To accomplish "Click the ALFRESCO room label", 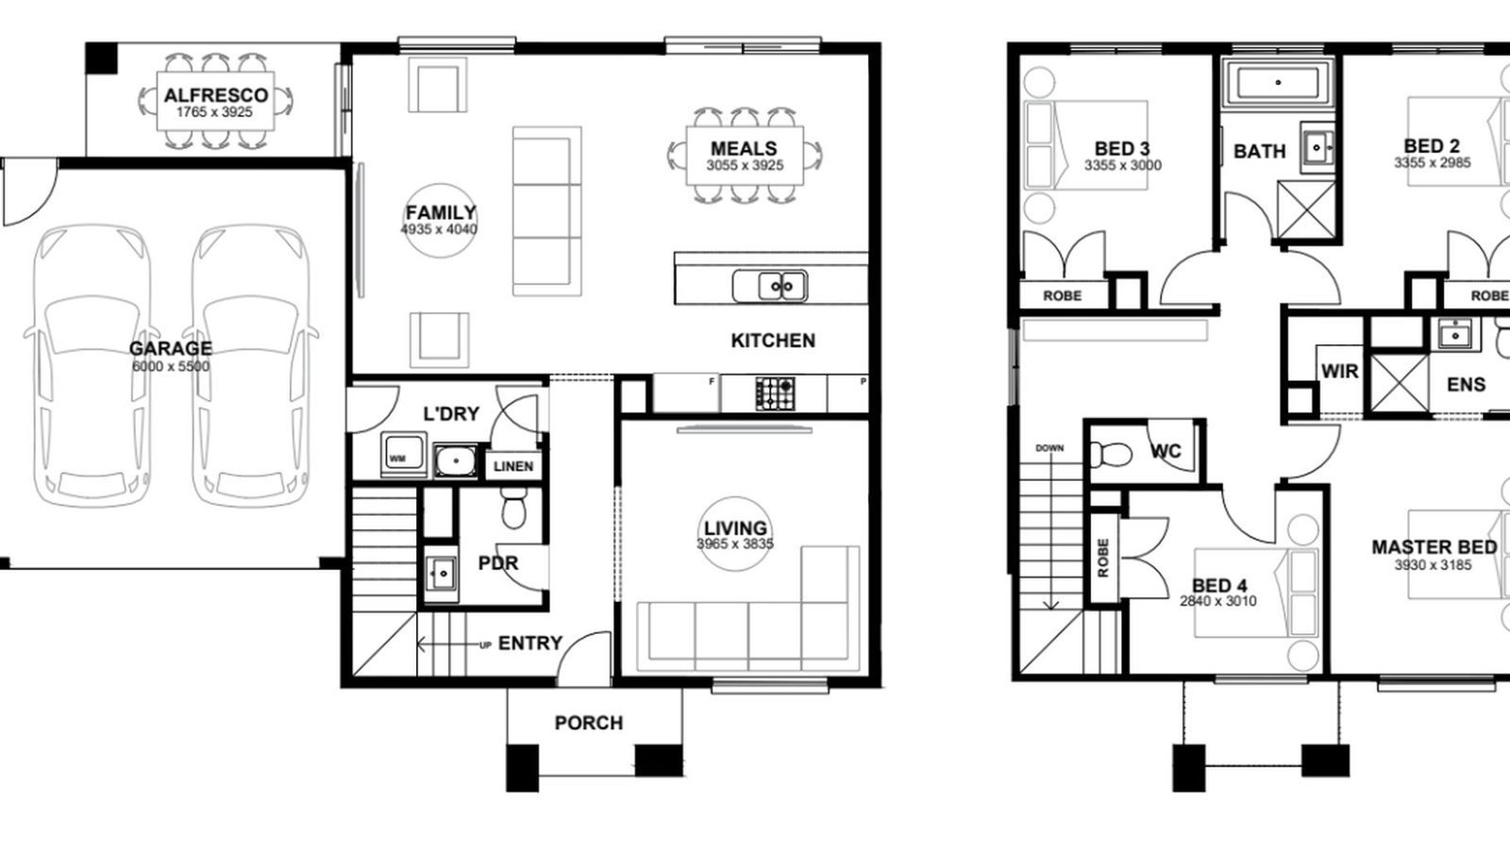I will coord(215,95).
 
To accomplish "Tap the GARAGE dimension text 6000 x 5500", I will coord(171,366).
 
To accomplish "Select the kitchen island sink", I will coord(769,286).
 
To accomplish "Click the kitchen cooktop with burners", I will coord(775,393).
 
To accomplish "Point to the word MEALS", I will coord(744,149).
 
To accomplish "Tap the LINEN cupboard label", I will coord(513,466).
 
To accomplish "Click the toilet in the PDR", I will coord(514,509).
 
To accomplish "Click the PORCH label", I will coord(589,723).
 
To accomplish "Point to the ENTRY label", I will coord(530,643).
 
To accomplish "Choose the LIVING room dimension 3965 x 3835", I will coord(735,544).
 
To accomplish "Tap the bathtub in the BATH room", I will coord(1278,83).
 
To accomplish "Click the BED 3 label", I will coord(1122,149).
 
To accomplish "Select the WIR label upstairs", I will coord(1339,372).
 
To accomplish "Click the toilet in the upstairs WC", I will coord(1112,455).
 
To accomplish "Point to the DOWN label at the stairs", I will coord(1049,448).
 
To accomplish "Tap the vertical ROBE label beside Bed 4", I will coord(1103,558).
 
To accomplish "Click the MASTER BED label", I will coord(1434,547).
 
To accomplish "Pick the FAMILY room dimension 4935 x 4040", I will coord(439,229).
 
